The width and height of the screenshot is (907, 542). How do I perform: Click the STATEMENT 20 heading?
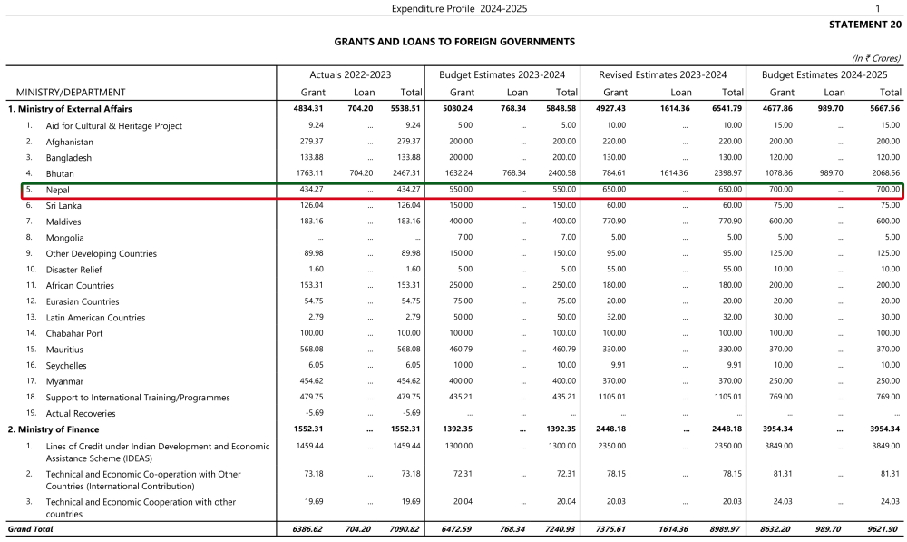click(x=865, y=25)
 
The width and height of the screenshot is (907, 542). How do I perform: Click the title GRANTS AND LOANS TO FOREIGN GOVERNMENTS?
click(x=454, y=42)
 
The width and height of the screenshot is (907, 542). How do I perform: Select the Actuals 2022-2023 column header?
click(x=350, y=74)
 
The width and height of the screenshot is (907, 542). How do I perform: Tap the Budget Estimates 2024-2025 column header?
click(x=824, y=74)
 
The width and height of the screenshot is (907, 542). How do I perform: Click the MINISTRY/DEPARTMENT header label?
click(x=71, y=93)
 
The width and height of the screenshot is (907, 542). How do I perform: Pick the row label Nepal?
click(x=58, y=190)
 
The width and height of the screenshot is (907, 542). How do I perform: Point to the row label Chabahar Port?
click(x=74, y=333)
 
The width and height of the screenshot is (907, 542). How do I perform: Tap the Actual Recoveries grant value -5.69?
click(x=315, y=413)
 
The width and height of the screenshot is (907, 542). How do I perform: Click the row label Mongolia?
click(x=65, y=238)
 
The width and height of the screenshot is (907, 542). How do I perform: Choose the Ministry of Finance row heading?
click(x=54, y=429)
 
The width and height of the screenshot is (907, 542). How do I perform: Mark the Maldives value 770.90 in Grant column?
click(x=614, y=222)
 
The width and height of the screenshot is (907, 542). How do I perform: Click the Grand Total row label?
click(x=31, y=528)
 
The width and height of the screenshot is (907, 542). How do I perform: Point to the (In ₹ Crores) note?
click(x=876, y=57)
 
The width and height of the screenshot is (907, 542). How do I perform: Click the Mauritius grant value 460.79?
click(x=460, y=350)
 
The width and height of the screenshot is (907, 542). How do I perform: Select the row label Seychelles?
click(x=67, y=365)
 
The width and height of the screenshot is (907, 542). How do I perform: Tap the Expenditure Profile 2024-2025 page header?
click(x=459, y=8)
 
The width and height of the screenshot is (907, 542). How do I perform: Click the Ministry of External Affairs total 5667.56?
click(x=883, y=109)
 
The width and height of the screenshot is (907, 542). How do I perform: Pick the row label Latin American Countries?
click(x=95, y=318)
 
